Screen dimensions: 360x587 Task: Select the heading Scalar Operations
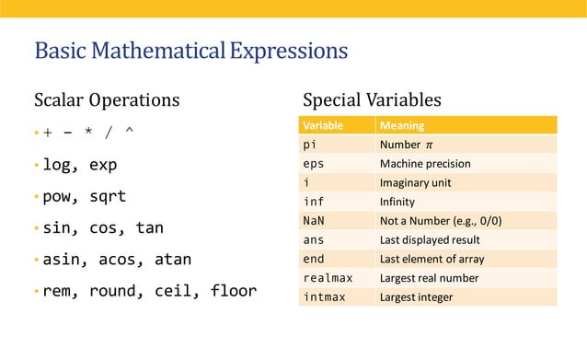107,99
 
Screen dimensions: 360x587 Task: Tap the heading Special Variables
372,99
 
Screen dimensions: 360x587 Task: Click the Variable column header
323,125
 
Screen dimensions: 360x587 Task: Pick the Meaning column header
402,125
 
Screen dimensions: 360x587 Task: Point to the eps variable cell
314,164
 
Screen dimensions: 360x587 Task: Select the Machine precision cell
425,164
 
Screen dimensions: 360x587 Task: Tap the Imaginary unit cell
415,182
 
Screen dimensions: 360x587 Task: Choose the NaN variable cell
314,221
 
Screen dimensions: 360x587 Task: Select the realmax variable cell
329,278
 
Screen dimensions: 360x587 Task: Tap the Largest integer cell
416,296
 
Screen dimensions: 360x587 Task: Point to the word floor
234,291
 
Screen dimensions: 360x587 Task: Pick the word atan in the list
172,260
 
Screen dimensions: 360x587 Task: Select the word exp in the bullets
103,165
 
